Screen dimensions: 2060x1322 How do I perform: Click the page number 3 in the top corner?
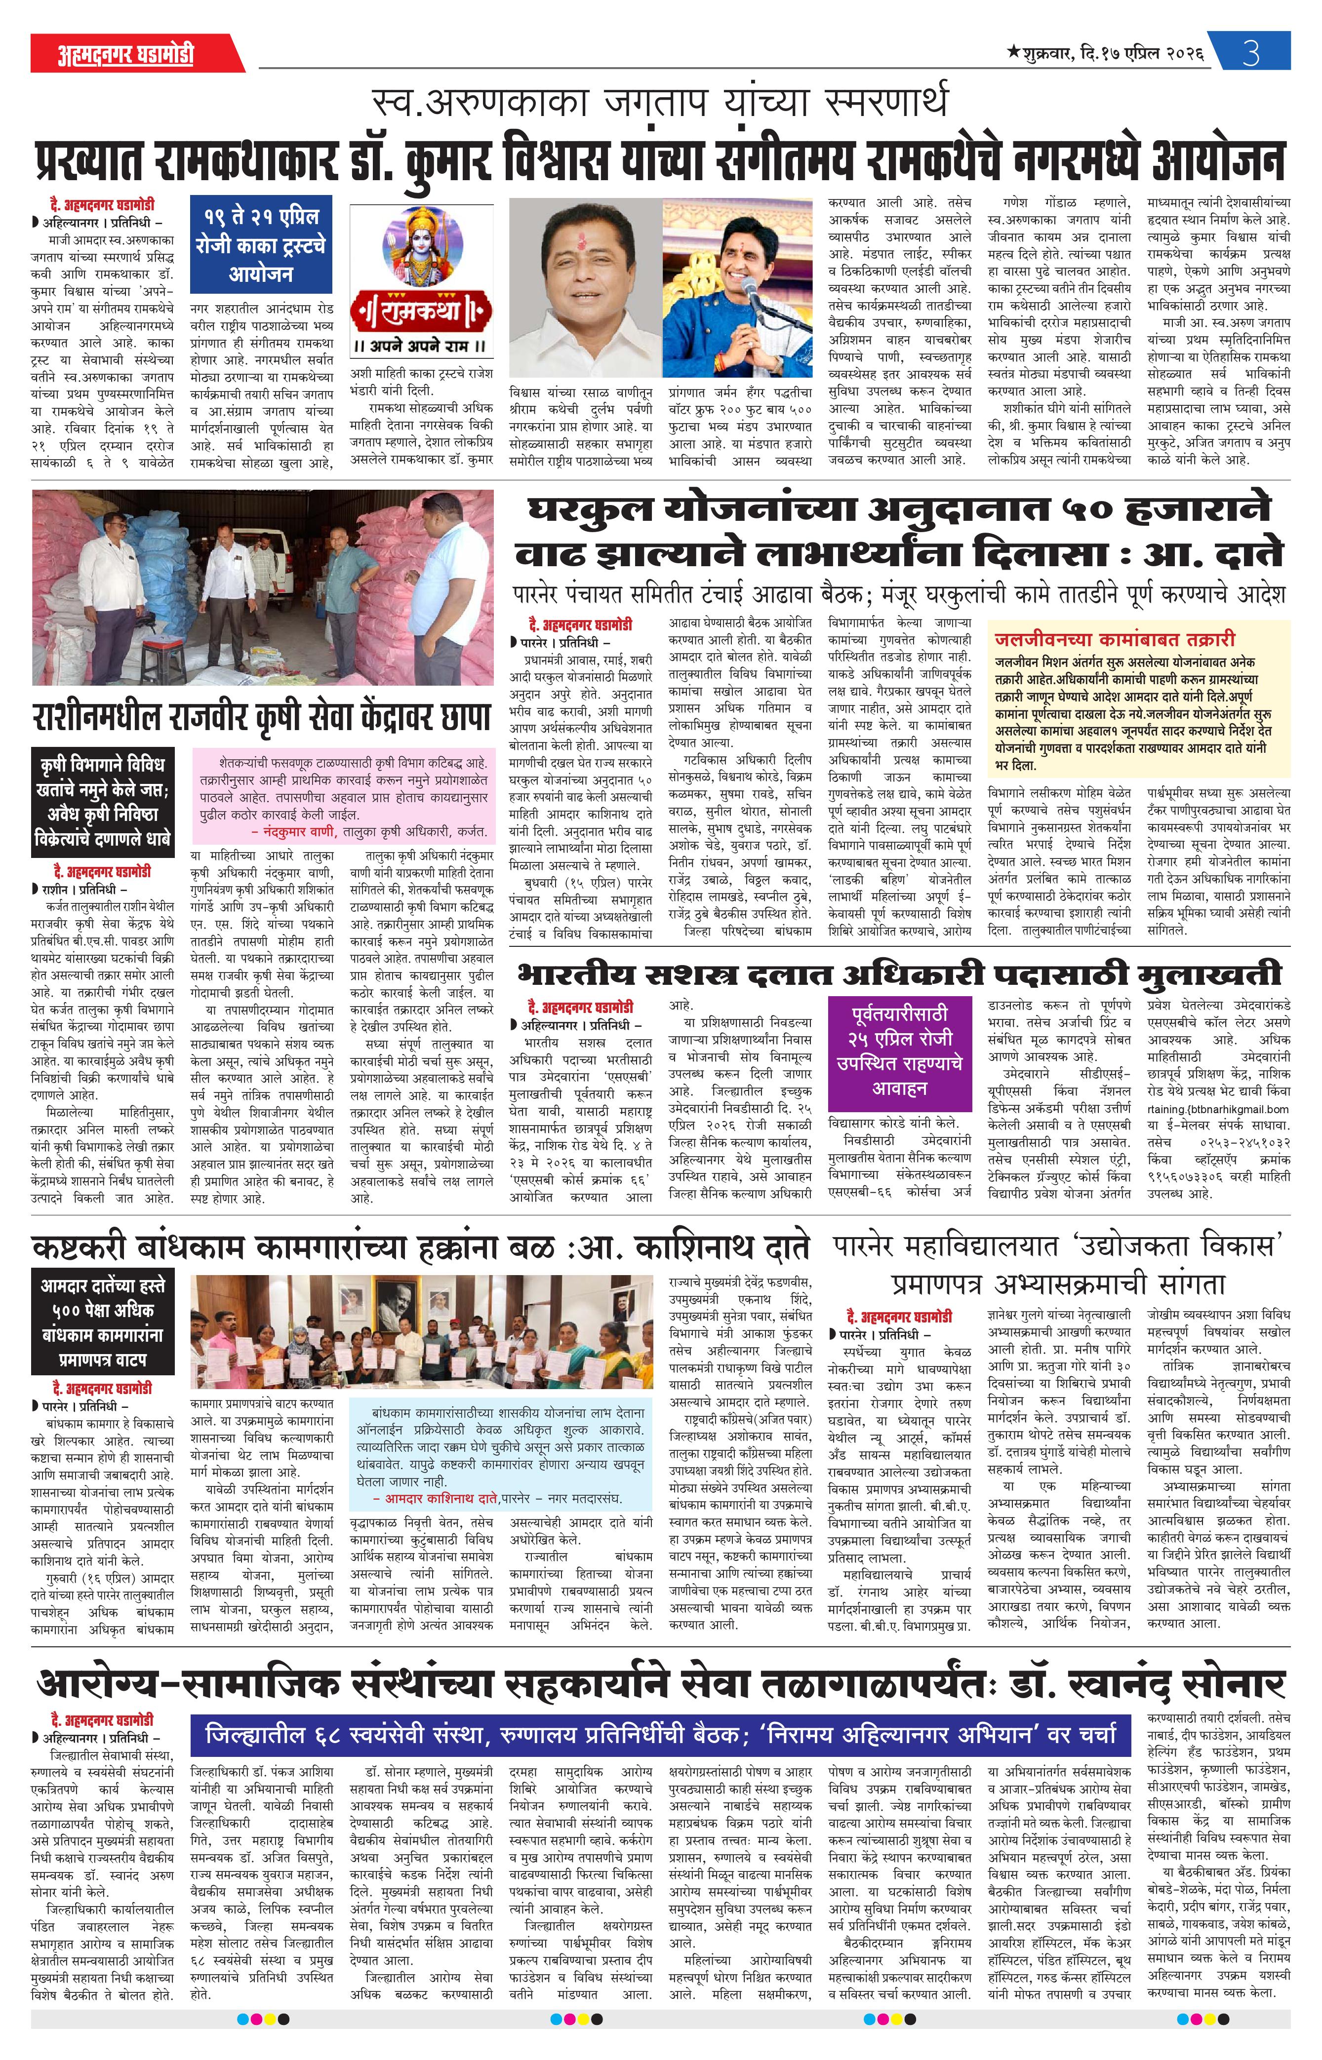click(1251, 53)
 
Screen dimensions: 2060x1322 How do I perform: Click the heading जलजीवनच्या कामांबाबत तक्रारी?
click(1114, 639)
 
